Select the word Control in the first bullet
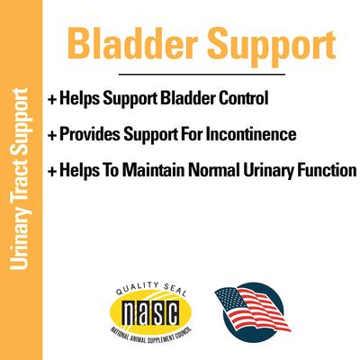(243, 95)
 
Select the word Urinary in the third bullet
(274, 169)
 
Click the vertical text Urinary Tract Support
(20, 180)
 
